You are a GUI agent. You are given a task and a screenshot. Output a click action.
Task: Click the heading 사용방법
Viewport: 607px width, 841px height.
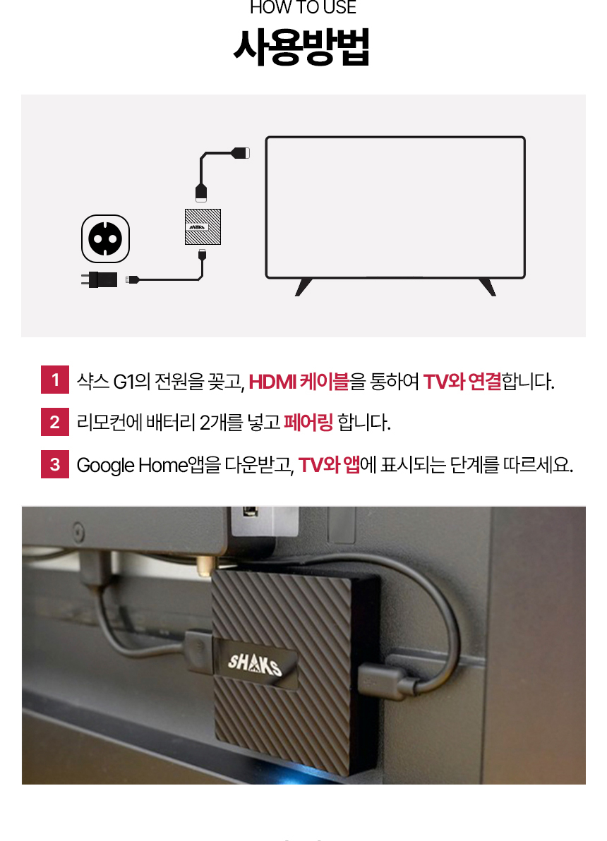pos(301,48)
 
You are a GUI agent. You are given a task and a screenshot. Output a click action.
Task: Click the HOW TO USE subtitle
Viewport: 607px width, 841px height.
pos(303,8)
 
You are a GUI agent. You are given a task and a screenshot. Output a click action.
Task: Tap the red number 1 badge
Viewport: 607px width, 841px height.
pos(55,381)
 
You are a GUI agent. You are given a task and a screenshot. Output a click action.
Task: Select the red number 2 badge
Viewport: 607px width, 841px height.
pos(55,423)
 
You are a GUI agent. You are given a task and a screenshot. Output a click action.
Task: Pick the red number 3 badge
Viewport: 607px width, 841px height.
pos(55,465)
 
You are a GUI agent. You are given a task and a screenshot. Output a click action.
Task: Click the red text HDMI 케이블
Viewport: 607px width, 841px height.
pos(299,382)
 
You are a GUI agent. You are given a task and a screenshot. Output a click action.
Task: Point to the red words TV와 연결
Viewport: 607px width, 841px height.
pos(462,382)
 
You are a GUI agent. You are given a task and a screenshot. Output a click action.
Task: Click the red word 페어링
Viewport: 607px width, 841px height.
pos(308,423)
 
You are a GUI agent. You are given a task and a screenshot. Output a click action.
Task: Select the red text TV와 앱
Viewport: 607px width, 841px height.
pos(329,466)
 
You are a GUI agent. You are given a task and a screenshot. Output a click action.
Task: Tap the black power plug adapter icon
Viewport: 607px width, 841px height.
pos(100,279)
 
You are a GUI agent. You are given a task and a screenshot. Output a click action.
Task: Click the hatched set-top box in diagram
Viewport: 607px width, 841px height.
pos(203,226)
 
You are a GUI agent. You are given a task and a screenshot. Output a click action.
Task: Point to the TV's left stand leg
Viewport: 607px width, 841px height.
pos(303,286)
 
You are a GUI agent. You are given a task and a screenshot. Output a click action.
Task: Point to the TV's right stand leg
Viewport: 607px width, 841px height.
pos(487,286)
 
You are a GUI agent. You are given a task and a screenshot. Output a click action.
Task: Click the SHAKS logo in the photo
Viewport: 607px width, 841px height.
pos(255,662)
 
